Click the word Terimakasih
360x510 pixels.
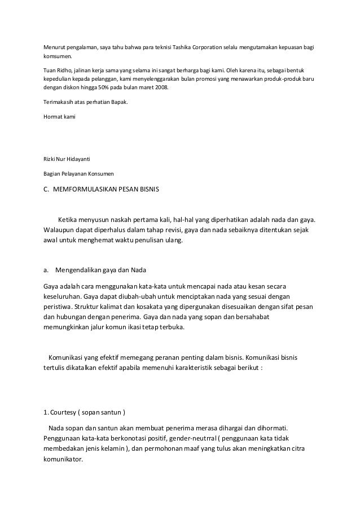(58, 102)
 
